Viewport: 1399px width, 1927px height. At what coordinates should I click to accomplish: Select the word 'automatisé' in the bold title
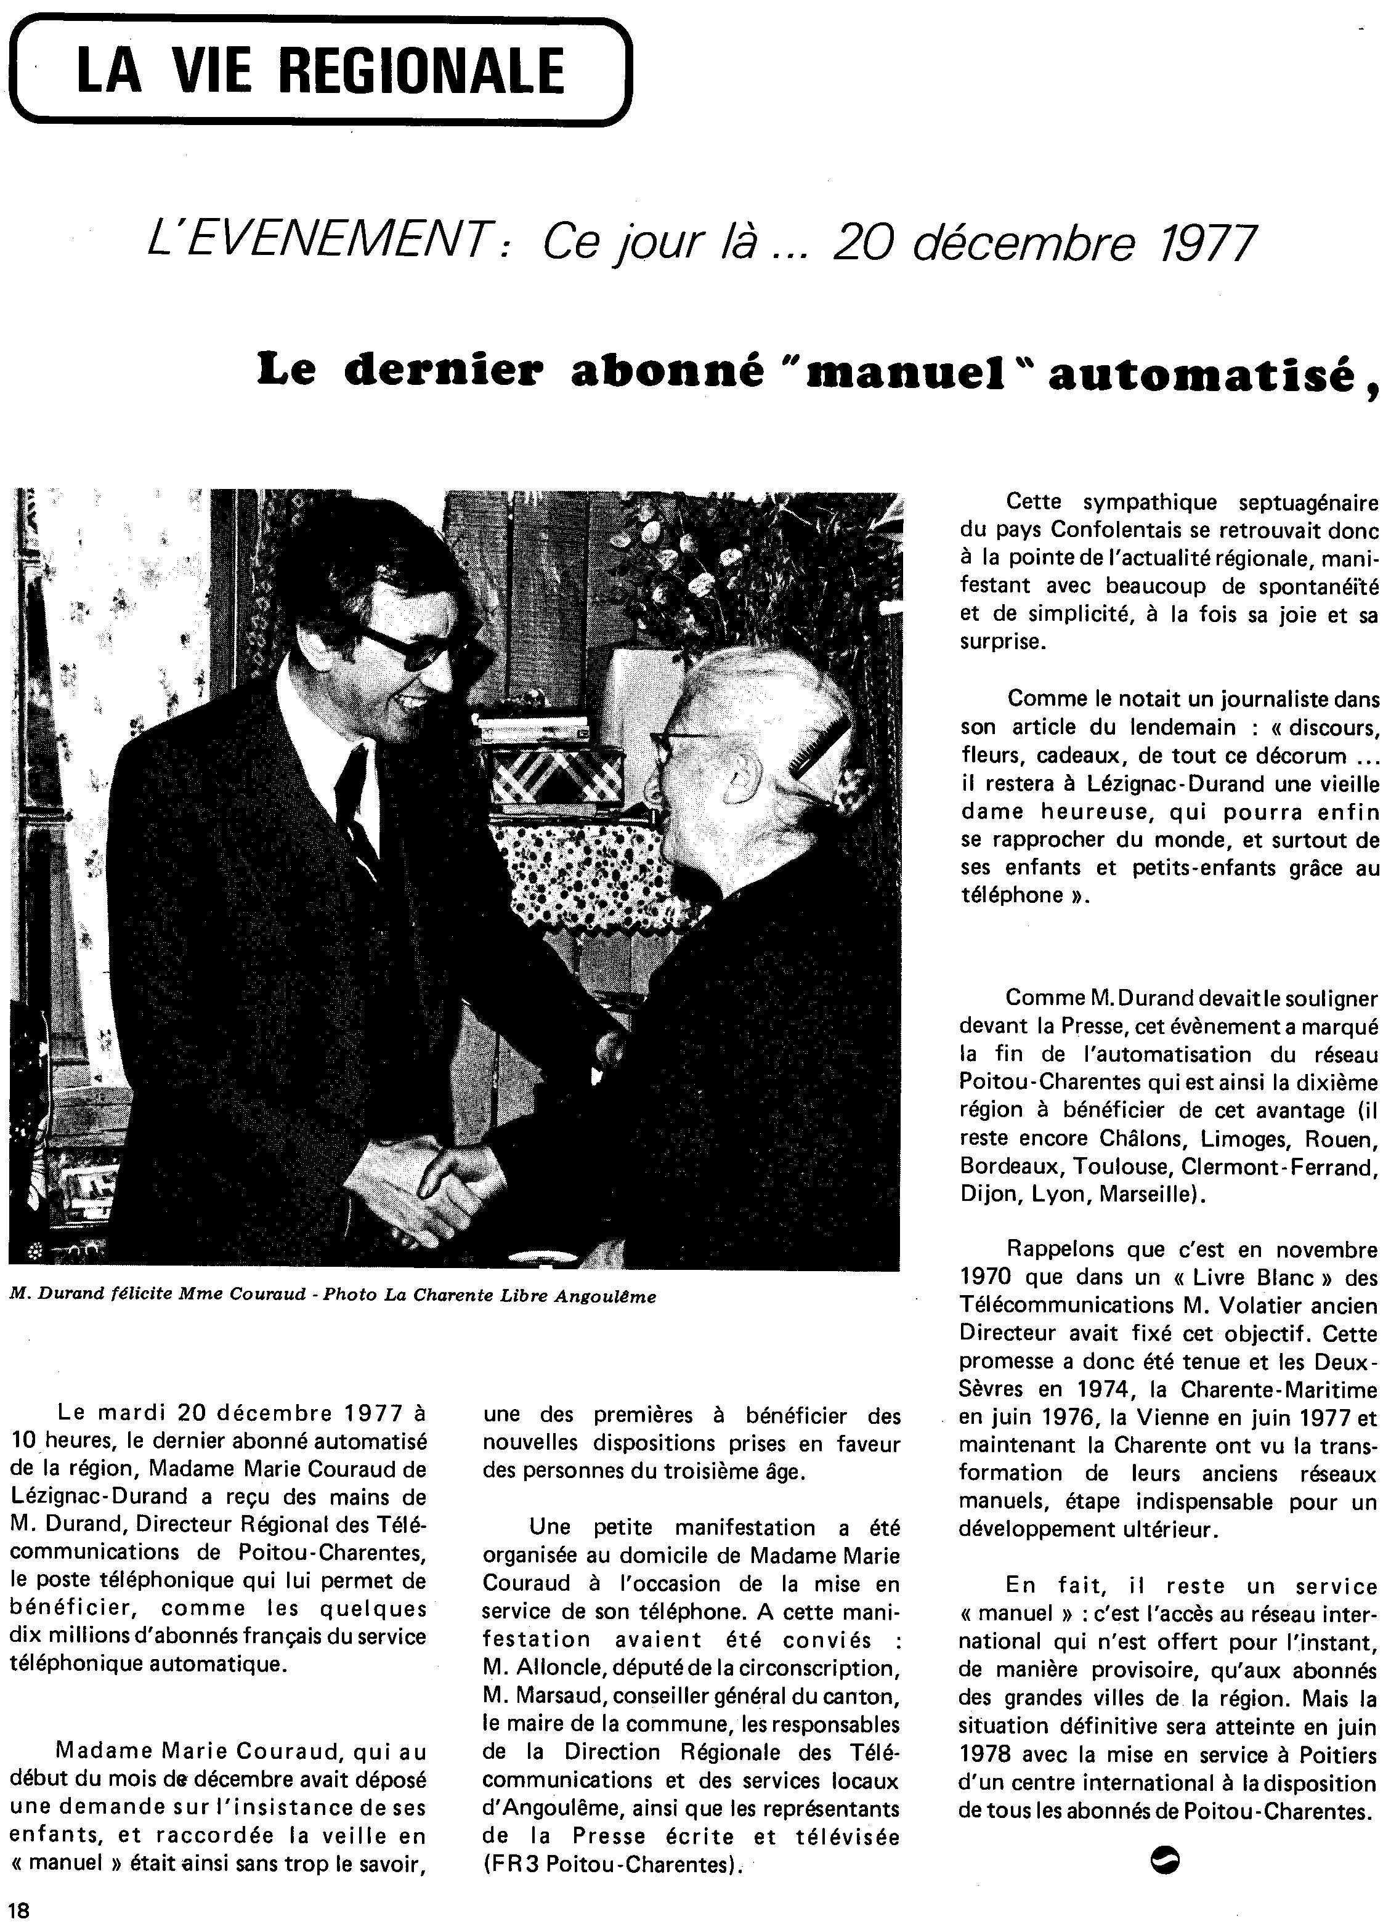1201,374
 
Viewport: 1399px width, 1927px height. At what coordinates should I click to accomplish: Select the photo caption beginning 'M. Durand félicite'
332,1296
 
